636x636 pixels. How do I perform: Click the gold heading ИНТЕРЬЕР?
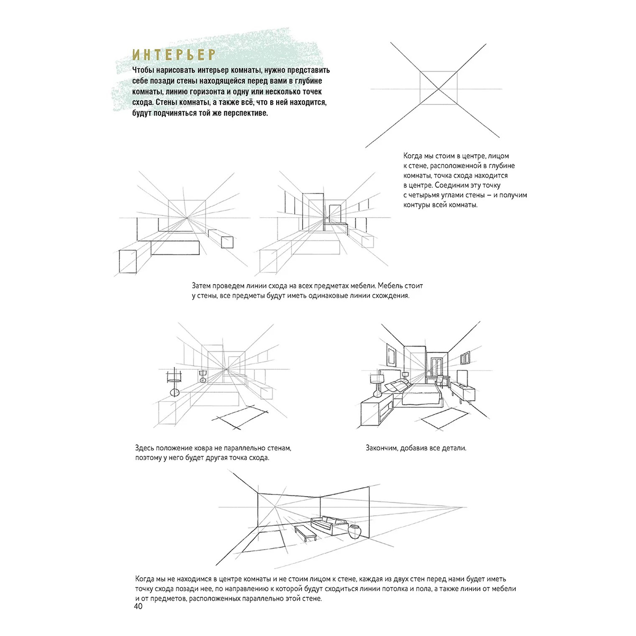[174, 55]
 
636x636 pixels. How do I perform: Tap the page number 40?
[138, 606]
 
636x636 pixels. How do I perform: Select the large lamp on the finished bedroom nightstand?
[377, 384]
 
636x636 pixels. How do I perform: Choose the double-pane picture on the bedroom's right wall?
[466, 358]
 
